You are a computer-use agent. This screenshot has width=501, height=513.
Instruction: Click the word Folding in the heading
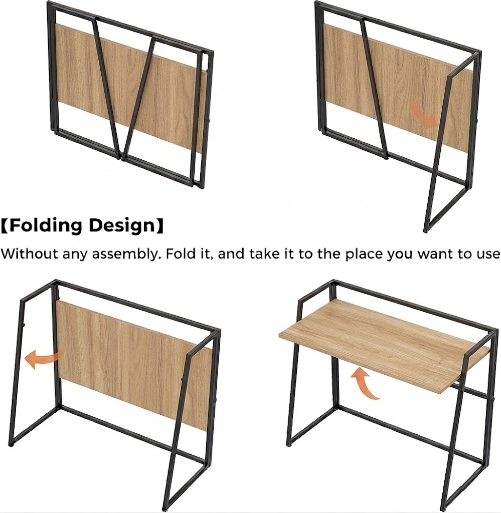pyautogui.click(x=46, y=226)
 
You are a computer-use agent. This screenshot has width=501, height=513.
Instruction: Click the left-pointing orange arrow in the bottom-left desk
pyautogui.click(x=44, y=358)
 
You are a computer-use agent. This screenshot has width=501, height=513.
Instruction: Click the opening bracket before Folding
pyautogui.click(x=4, y=226)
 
